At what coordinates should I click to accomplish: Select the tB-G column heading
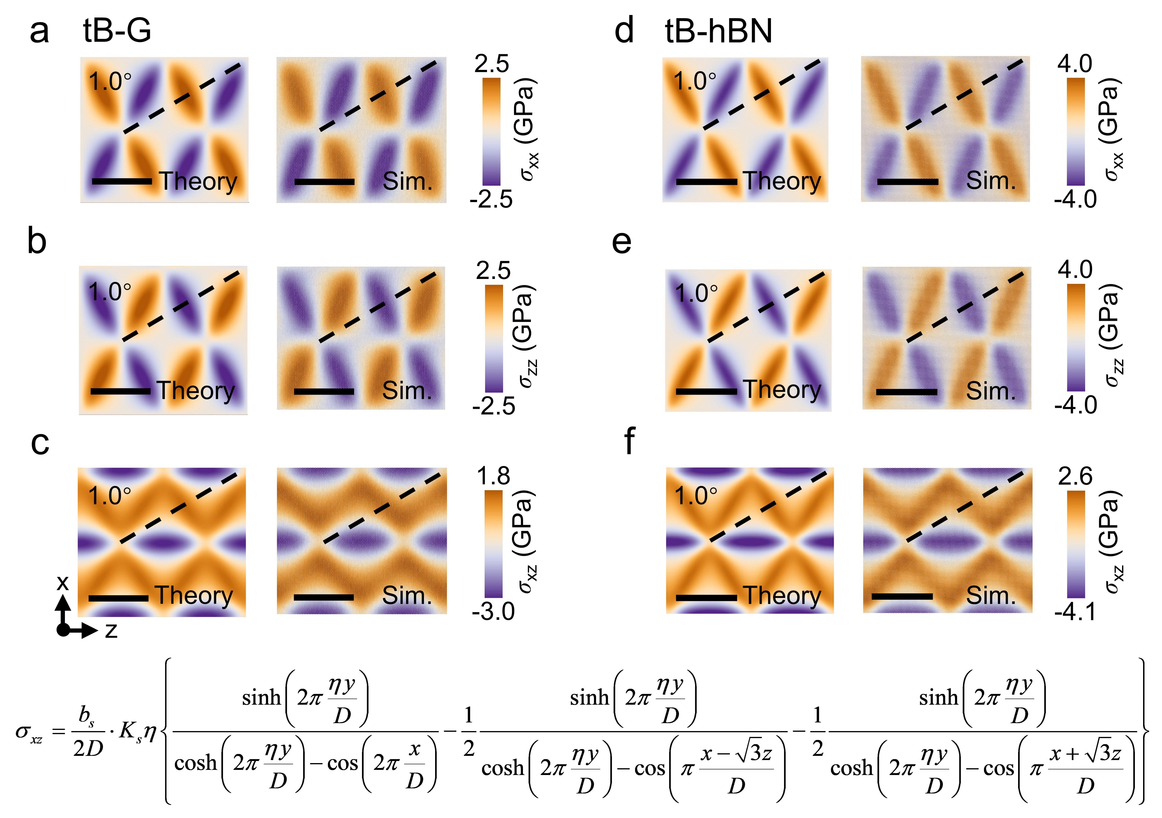coord(117,31)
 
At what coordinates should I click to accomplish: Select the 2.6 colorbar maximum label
coord(1076,477)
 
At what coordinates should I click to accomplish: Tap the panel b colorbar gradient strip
coord(493,338)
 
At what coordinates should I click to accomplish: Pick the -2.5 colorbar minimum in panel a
coord(491,200)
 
